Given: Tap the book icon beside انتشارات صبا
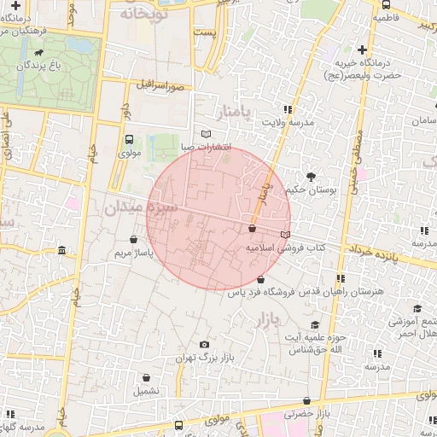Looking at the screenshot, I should pyautogui.click(x=205, y=134).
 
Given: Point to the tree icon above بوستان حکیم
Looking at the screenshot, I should pyautogui.click(x=310, y=177).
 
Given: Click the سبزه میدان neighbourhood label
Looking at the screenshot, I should pyautogui.click(x=142, y=207).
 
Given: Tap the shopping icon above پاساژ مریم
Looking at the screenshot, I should pyautogui.click(x=133, y=240).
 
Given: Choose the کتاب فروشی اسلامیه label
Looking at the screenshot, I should pyautogui.click(x=286, y=247).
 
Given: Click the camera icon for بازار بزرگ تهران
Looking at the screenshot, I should pyautogui.click(x=203, y=345).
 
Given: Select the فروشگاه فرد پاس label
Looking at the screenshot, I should pyautogui.click(x=261, y=292).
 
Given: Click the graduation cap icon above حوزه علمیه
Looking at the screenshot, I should pyautogui.click(x=315, y=324).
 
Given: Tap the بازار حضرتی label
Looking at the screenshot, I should pyautogui.click(x=307, y=414).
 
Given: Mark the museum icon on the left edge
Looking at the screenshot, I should pyautogui.click(x=61, y=250).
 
